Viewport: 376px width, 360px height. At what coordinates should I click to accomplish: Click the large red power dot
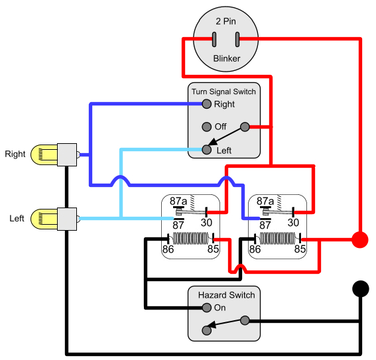coord(359,239)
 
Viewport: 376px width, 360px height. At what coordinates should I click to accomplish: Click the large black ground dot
coord(359,289)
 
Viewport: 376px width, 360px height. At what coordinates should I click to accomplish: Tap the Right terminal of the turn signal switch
coord(207,104)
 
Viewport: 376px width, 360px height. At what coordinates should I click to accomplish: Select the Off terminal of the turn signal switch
coord(207,127)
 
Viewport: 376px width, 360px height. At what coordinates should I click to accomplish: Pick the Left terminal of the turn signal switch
coord(207,150)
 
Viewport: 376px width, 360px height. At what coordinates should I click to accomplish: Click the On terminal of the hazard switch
coord(207,308)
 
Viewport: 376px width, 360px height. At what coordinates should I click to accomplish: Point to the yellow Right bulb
coord(46,154)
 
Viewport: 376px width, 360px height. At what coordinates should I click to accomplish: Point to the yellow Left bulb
coord(46,218)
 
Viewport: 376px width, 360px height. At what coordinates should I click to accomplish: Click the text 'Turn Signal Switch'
coord(223,91)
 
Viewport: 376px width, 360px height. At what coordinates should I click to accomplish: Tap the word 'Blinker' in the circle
coord(226,59)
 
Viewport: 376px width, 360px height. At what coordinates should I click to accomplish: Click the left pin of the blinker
coord(214,39)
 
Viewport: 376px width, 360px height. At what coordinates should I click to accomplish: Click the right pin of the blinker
coord(237,39)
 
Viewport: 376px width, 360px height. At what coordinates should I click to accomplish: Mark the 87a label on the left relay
coord(178,201)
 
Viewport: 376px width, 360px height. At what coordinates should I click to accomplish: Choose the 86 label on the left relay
coord(170,249)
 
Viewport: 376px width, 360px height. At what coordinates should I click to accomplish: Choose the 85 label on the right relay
coord(300,249)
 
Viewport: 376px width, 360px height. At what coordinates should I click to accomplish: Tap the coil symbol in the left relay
coord(192,237)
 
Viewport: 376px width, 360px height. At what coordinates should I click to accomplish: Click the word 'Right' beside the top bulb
coord(15,154)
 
